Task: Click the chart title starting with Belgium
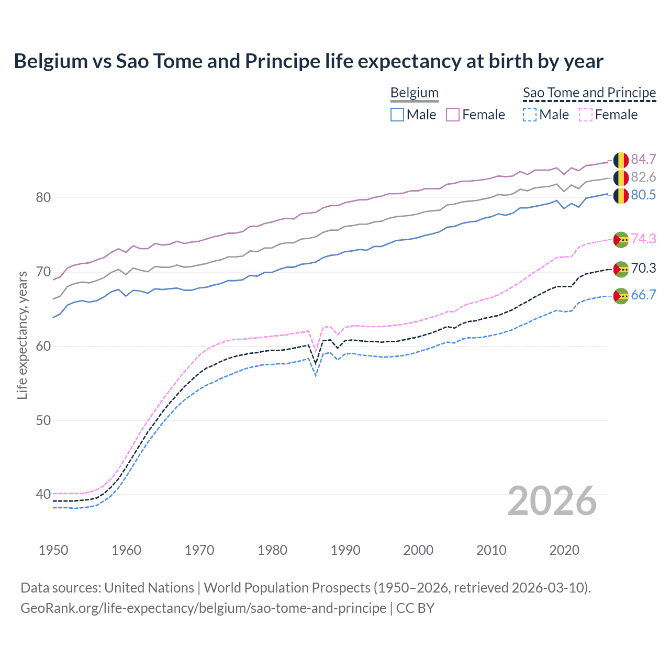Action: [308, 61]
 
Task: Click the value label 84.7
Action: [643, 159]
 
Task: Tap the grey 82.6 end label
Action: [643, 177]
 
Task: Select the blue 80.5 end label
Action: [643, 195]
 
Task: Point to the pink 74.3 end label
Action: [643, 239]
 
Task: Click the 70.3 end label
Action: [643, 268]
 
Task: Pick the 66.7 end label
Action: [643, 295]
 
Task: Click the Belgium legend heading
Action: [414, 93]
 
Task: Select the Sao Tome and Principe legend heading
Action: [589, 93]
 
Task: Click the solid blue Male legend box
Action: [397, 115]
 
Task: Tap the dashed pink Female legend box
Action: [586, 115]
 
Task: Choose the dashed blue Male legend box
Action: [530, 115]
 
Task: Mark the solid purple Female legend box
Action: [453, 115]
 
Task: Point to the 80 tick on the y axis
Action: [43, 197]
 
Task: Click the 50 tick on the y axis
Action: [43, 420]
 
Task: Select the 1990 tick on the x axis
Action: [345, 550]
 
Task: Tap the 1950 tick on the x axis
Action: [53, 550]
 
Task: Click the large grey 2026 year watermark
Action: [552, 501]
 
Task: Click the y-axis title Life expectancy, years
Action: [22, 335]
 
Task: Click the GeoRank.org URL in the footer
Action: [203, 608]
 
